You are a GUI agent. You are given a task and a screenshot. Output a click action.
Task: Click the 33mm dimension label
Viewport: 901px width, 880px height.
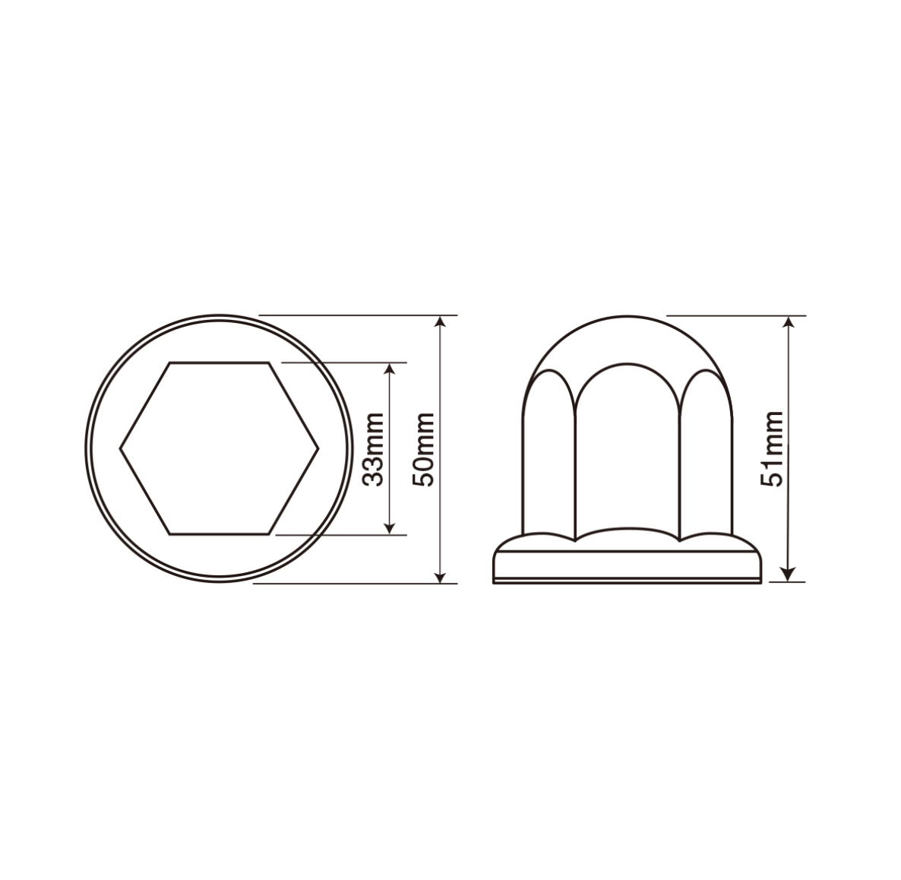[374, 449]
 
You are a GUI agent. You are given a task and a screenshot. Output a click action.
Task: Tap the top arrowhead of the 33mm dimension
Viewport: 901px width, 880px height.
[390, 369]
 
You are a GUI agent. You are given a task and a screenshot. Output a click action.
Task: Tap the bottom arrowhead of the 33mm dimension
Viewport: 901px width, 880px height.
[390, 527]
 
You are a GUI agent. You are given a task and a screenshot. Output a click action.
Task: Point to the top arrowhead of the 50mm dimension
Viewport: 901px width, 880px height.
[440, 322]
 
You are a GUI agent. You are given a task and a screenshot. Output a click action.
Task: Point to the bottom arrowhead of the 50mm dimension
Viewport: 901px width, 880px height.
[440, 576]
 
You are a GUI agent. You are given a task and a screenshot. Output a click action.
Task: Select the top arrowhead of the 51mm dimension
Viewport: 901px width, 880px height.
[789, 322]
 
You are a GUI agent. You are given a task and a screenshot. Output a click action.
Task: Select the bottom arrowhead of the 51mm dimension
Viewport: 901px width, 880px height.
[789, 575]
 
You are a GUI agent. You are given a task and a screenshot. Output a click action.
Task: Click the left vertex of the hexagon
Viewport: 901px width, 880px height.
[120, 448]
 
